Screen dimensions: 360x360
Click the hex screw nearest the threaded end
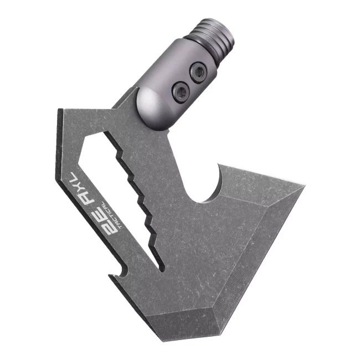click(x=198, y=73)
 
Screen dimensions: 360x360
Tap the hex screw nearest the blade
click(x=181, y=92)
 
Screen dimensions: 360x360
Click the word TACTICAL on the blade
click(x=112, y=215)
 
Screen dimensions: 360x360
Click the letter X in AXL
click(x=80, y=186)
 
